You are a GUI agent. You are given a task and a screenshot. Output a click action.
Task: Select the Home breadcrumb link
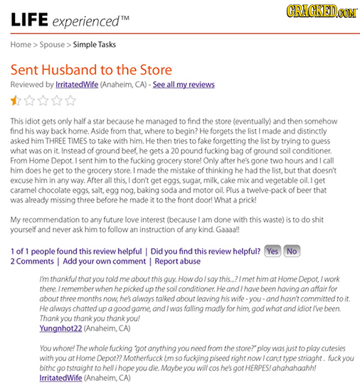[x=20, y=44]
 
